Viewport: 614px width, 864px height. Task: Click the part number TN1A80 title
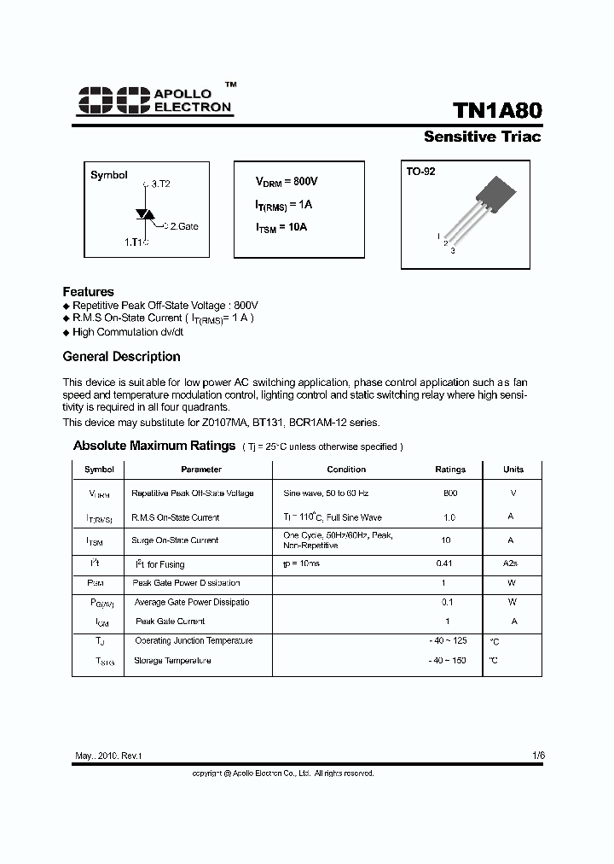click(x=496, y=111)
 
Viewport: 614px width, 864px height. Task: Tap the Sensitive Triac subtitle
click(x=482, y=137)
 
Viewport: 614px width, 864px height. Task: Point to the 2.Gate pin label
click(x=181, y=226)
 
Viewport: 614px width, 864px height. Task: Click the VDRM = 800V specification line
click(x=287, y=182)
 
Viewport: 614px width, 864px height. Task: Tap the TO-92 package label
click(x=420, y=172)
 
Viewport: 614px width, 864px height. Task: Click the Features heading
click(x=88, y=291)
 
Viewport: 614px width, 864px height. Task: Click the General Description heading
click(x=121, y=357)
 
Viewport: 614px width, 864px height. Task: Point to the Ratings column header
click(x=450, y=470)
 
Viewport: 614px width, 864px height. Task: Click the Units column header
click(x=513, y=470)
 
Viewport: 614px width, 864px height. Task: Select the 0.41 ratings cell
click(x=443, y=563)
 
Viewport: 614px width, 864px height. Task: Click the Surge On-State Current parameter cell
click(x=175, y=540)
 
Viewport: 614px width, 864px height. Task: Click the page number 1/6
click(x=537, y=756)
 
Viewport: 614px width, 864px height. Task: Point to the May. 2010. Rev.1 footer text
click(x=108, y=756)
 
